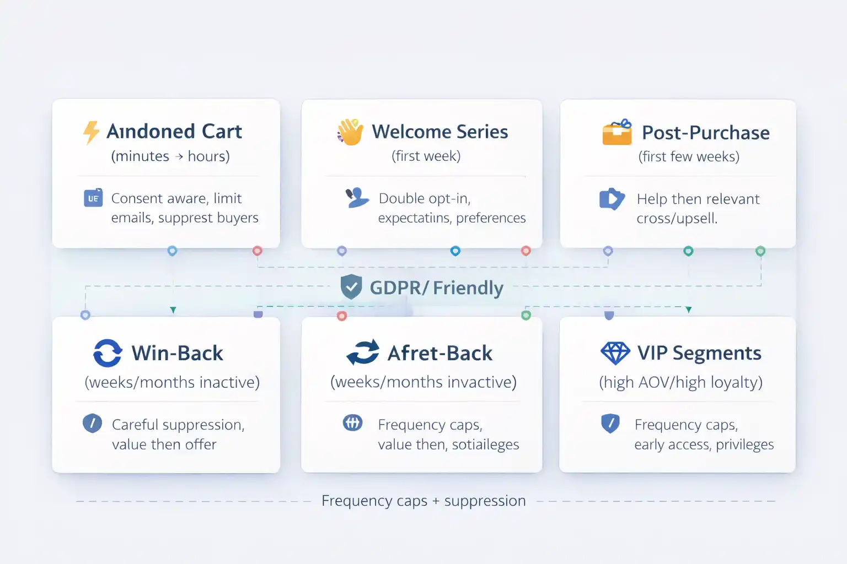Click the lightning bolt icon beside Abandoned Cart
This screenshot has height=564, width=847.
coord(91,132)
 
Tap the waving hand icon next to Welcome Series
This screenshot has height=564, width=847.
coord(351,132)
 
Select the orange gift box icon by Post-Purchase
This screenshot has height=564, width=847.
coord(617,132)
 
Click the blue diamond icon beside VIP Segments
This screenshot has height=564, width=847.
coord(615,353)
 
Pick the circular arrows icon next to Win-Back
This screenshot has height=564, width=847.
coord(108,353)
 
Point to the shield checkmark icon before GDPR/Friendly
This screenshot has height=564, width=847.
coord(351,287)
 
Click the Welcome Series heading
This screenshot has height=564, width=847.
coord(439,132)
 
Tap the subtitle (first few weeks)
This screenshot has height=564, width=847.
coord(689,156)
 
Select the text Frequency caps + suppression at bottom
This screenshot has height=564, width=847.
coord(423,501)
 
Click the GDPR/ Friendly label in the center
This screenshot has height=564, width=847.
coord(436,288)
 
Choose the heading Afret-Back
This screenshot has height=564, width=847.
coord(439,353)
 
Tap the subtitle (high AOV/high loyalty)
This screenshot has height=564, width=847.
coord(680,382)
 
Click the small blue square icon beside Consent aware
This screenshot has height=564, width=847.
coord(93,198)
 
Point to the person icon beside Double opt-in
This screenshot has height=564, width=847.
coord(357,198)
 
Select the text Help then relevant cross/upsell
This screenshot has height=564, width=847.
coord(698,208)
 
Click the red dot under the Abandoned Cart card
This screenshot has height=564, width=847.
coord(258,251)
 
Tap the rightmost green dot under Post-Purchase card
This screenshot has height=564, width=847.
coord(760,251)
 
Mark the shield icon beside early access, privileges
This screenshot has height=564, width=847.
coord(610,424)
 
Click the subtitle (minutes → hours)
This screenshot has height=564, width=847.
coord(170,156)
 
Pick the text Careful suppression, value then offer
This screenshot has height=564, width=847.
coord(178,434)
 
